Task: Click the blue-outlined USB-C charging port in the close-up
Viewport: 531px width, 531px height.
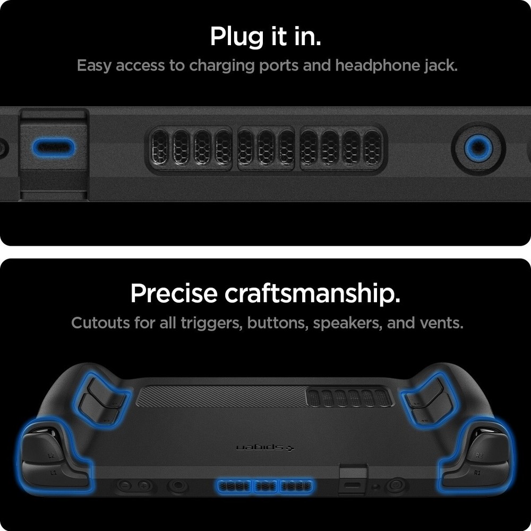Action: [53, 148]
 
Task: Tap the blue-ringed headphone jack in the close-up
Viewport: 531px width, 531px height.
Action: [478, 148]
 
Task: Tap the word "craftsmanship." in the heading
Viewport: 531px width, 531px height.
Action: [313, 294]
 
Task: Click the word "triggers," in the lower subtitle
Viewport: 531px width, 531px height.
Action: [211, 323]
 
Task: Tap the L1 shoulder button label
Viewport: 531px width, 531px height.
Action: [53, 472]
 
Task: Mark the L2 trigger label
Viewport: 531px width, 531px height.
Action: [51, 456]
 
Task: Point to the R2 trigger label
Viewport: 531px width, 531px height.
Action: [479, 455]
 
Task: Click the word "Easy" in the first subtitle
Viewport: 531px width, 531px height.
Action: [94, 66]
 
